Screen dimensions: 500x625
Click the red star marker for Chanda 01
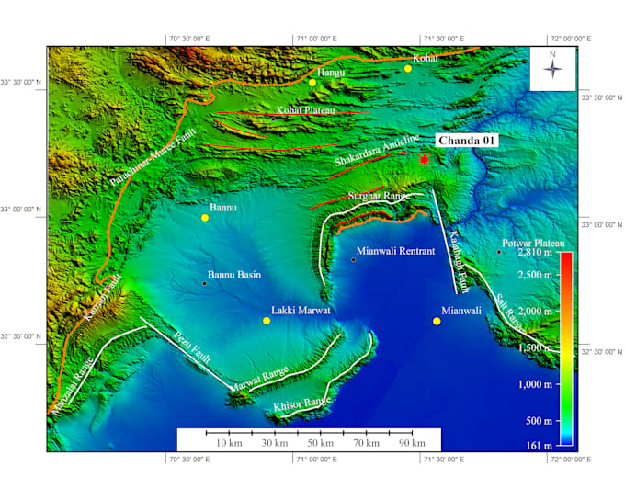click(x=424, y=160)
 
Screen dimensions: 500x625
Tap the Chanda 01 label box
click(x=467, y=140)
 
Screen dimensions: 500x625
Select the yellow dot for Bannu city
click(x=206, y=218)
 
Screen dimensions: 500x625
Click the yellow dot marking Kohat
click(x=408, y=68)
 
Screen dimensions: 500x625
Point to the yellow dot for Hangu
click(x=312, y=83)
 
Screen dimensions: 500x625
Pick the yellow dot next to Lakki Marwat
click(x=267, y=321)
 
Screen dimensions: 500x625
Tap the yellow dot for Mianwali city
click(x=437, y=321)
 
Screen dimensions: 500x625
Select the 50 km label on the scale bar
click(x=320, y=443)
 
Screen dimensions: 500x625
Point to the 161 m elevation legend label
click(x=540, y=445)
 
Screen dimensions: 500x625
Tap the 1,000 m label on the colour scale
click(x=534, y=384)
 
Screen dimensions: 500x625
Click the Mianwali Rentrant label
click(x=395, y=250)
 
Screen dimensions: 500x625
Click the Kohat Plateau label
click(x=306, y=110)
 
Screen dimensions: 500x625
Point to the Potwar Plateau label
click(x=533, y=241)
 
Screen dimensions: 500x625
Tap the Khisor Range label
click(x=302, y=403)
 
